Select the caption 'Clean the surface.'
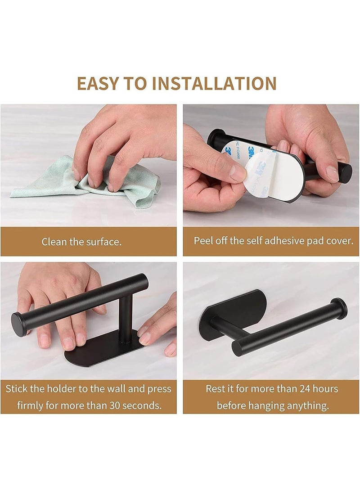[x=81, y=242]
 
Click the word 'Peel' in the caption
[x=204, y=240]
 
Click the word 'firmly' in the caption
[x=31, y=405]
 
